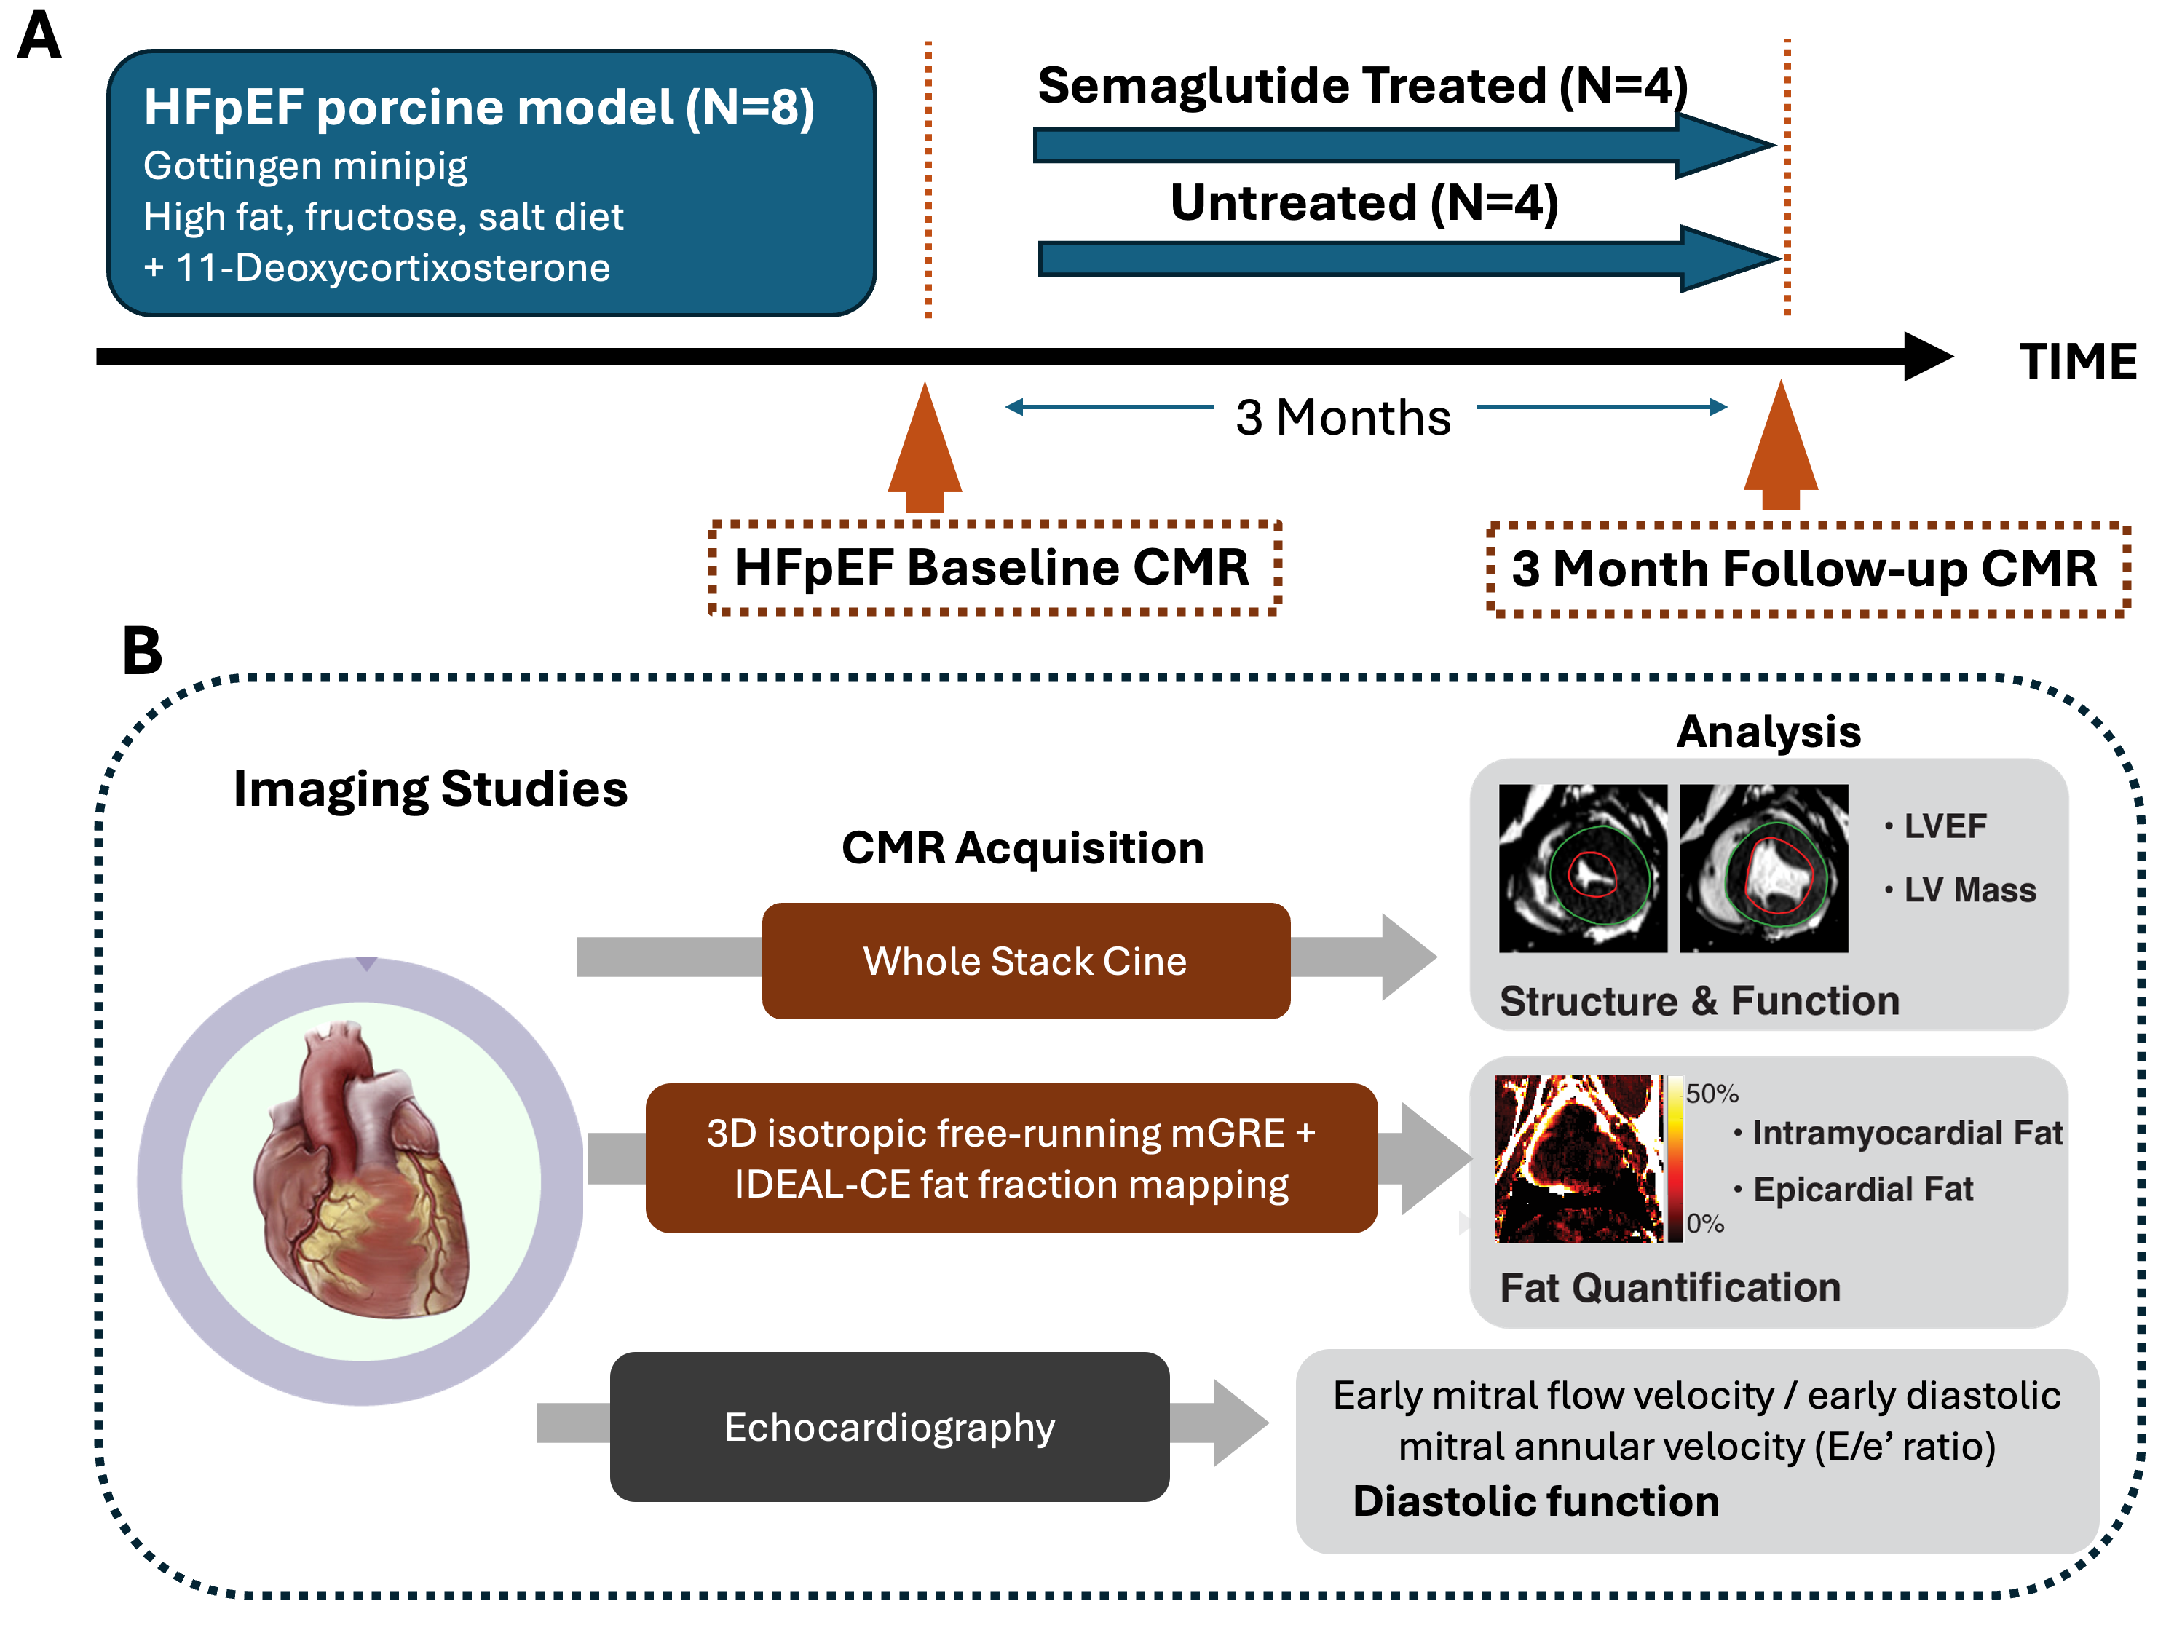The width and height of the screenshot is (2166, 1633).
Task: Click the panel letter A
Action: (x=39, y=36)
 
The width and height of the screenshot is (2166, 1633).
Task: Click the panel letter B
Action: (x=142, y=650)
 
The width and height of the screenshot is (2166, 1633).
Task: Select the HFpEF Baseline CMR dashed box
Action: (x=994, y=568)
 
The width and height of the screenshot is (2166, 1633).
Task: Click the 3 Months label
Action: (x=1343, y=417)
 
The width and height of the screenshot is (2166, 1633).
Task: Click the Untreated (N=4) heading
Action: (x=1364, y=204)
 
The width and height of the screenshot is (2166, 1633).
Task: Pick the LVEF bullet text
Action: (x=1944, y=826)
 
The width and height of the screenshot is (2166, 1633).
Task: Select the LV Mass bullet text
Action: (x=1968, y=890)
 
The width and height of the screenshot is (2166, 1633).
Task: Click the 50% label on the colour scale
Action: (x=1712, y=1093)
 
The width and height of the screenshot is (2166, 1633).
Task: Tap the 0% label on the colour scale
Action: (x=1705, y=1223)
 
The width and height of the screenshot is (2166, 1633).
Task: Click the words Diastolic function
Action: (x=1535, y=1500)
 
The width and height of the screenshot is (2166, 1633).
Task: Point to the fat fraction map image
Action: (x=1578, y=1158)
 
